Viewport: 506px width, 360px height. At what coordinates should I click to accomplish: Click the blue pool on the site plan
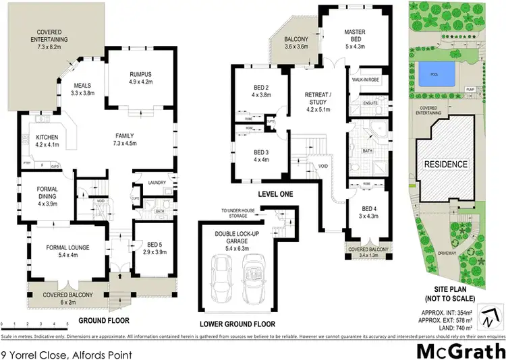[x=439, y=74]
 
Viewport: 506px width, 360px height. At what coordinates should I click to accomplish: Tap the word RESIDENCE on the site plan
[x=445, y=164]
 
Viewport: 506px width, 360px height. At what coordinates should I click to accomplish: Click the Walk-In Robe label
[x=368, y=79]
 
